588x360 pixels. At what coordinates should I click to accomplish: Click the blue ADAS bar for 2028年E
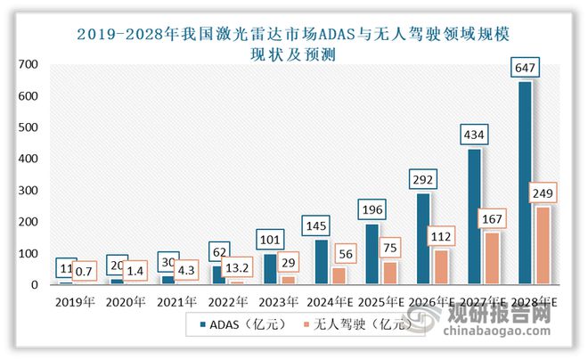(x=525, y=183)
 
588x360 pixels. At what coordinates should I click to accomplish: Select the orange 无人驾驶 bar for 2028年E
(x=543, y=246)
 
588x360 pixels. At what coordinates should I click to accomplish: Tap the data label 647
(x=525, y=67)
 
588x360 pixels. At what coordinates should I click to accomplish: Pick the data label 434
(x=476, y=135)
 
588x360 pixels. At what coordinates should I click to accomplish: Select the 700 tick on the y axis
(x=30, y=64)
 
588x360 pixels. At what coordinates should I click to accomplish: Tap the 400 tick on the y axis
(x=30, y=159)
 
